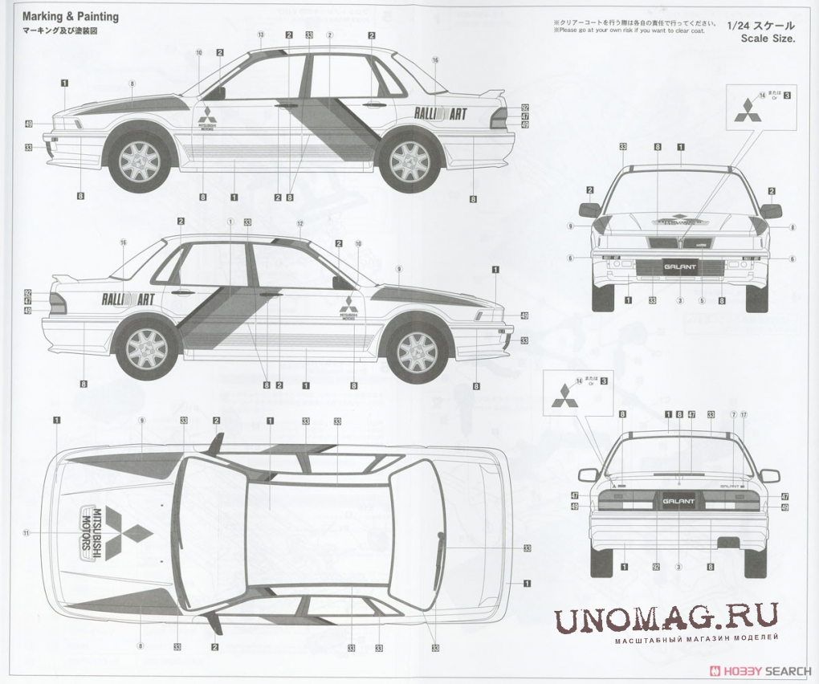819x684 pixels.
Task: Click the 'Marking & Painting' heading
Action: pos(70,16)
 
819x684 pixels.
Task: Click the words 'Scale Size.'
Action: pos(768,39)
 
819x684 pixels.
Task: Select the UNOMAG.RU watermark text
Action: pos(666,618)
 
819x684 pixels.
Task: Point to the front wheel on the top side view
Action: pos(140,161)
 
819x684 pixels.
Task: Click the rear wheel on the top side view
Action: pos(409,161)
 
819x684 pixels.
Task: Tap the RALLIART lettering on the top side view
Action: pos(440,114)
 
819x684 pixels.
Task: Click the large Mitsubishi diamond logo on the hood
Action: pos(128,530)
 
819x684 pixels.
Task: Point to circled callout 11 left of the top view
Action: pos(26,532)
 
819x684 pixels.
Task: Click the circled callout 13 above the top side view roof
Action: pos(260,35)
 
